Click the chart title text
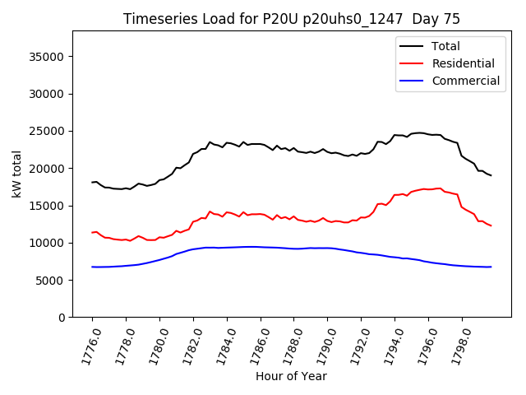point(292,19)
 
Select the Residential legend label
point(463,63)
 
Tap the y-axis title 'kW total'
point(16,174)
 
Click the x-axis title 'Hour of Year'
point(291,376)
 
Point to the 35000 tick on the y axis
point(48,57)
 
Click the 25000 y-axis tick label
point(48,131)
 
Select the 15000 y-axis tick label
point(48,206)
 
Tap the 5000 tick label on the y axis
point(52,281)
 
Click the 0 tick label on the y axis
point(62,318)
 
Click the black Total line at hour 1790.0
point(327,151)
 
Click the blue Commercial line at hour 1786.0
point(261,247)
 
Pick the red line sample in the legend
point(412,63)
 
